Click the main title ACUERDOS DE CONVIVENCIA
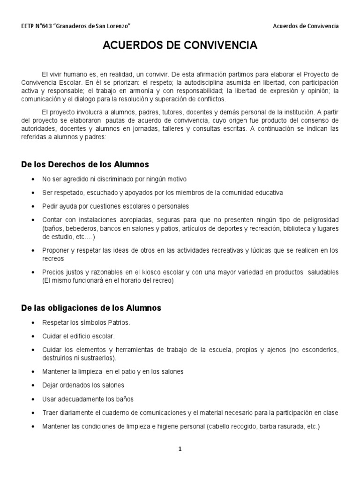point(180,45)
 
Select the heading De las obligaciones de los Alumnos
point(91,308)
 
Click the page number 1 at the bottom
point(180,449)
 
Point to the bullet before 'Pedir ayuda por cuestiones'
point(32,206)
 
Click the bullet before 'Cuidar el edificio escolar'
point(32,337)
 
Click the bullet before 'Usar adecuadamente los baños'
point(32,399)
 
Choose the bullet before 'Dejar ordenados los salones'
point(32,385)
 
